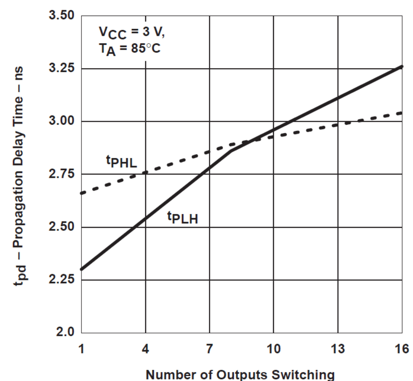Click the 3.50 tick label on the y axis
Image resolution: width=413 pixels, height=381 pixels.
[61, 15]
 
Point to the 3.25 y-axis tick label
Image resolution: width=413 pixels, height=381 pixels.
[61, 68]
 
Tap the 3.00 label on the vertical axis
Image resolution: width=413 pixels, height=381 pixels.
[61, 121]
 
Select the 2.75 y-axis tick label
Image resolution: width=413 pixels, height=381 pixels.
[61, 174]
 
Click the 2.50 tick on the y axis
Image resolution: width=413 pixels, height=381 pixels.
[61, 227]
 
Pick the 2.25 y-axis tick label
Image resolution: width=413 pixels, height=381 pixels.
[61, 280]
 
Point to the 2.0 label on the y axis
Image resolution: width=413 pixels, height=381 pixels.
[65, 332]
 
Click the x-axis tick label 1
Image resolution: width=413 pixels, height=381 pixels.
[81, 348]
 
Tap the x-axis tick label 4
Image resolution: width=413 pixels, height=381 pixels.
[145, 348]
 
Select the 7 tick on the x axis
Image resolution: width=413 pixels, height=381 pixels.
[210, 348]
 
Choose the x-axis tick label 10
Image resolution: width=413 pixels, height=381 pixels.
[274, 348]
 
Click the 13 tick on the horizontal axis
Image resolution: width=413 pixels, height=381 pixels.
[338, 348]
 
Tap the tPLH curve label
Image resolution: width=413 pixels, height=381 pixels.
[183, 218]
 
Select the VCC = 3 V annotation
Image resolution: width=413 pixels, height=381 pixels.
[132, 33]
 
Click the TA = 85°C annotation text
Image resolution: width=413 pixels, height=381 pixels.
[129, 49]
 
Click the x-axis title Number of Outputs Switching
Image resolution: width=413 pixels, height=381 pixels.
[240, 374]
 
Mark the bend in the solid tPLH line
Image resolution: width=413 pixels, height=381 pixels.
[231, 151]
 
